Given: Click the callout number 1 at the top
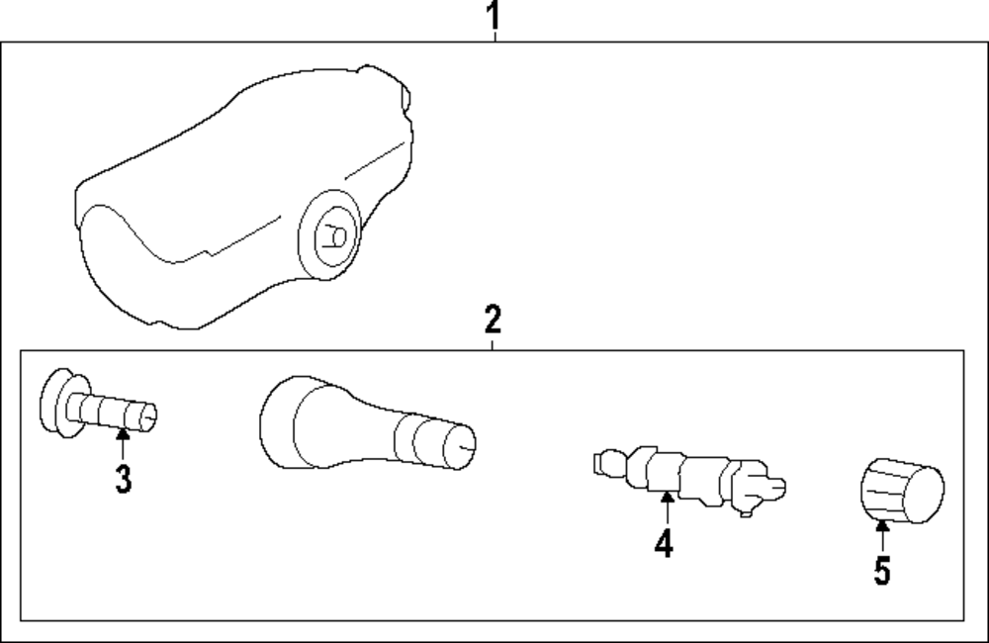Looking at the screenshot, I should [x=493, y=16].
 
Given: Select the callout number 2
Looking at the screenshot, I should [x=493, y=320].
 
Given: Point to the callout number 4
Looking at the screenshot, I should [x=664, y=542].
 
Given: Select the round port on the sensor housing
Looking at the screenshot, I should [x=330, y=234].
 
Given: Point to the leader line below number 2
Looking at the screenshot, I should [x=493, y=342].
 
